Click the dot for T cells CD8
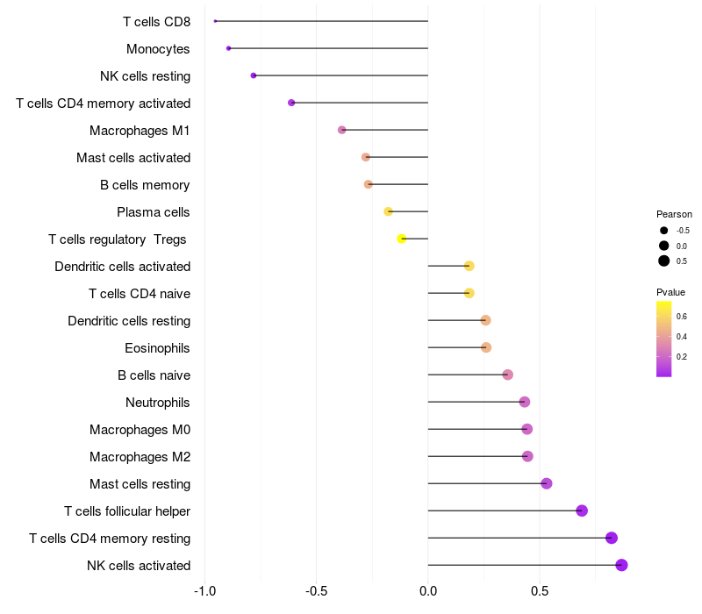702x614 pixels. click(x=215, y=21)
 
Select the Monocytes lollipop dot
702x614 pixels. click(x=229, y=48)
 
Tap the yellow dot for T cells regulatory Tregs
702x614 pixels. click(x=402, y=239)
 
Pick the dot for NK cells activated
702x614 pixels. click(x=621, y=565)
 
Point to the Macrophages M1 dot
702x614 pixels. click(x=342, y=130)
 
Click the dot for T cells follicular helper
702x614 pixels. click(x=582, y=510)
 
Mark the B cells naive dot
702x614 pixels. click(x=508, y=375)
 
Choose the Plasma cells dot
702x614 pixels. click(x=388, y=211)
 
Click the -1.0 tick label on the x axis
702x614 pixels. click(x=204, y=591)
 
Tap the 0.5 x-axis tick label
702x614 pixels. click(x=540, y=591)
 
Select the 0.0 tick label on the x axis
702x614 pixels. click(x=428, y=591)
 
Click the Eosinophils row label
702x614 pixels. click(x=157, y=348)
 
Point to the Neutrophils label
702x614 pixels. click(x=158, y=403)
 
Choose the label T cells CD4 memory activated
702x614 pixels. click(x=104, y=104)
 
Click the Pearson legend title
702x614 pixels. click(x=674, y=214)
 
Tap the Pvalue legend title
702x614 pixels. click(x=670, y=292)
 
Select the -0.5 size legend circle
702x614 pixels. click(x=664, y=231)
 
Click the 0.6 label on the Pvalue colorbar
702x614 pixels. click(x=682, y=317)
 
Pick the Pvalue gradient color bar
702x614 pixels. click(x=664, y=339)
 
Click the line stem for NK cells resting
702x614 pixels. click(x=340, y=75)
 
